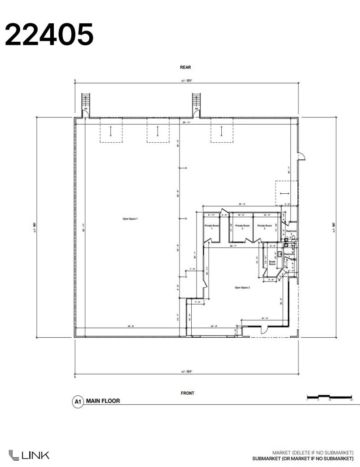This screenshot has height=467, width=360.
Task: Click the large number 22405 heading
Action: tap(49, 35)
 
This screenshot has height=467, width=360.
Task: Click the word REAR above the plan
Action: tap(185, 67)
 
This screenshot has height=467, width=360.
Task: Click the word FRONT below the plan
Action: tap(187, 393)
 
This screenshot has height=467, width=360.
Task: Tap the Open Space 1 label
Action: tap(130, 218)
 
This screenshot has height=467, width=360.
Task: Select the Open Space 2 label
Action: tap(242, 288)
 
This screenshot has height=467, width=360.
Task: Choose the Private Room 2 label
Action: tap(242, 227)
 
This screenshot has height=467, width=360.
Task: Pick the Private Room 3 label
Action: tap(264, 227)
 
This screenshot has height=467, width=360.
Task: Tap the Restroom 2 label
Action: tap(291, 232)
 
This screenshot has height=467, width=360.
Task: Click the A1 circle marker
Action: tap(78, 402)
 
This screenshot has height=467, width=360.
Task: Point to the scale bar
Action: tap(329, 397)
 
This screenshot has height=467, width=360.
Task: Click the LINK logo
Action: tap(29, 454)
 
